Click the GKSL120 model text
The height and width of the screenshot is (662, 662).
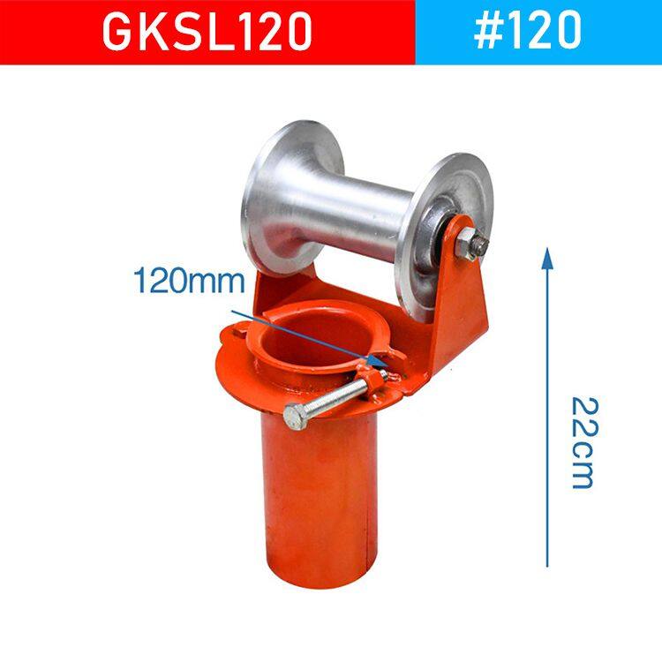[207, 31]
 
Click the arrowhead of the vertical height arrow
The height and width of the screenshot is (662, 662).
[547, 257]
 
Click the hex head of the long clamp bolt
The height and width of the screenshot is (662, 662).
[297, 416]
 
